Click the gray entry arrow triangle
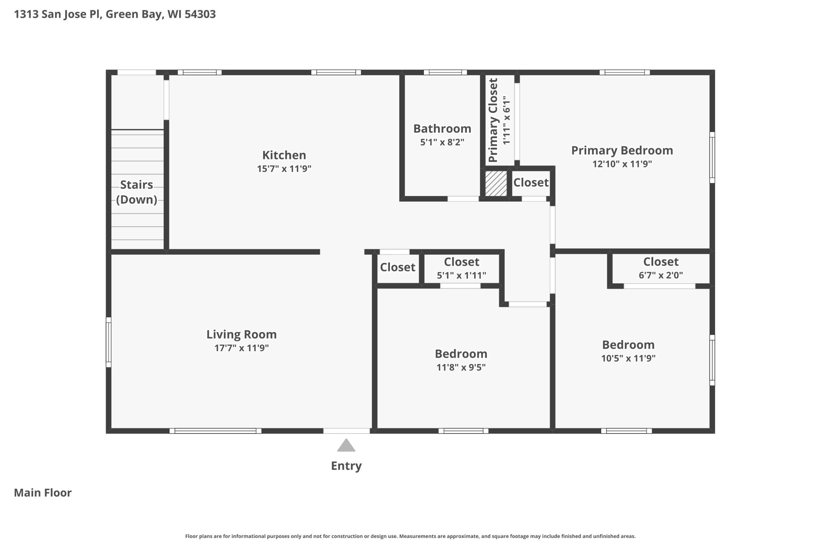(x=346, y=445)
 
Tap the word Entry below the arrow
(x=346, y=466)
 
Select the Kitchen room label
(x=284, y=155)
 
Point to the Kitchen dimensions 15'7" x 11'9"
(x=284, y=169)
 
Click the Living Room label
(x=241, y=334)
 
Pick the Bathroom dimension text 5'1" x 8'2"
(x=442, y=142)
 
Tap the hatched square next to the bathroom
(x=496, y=184)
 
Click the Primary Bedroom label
(x=622, y=150)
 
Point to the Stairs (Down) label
(x=137, y=192)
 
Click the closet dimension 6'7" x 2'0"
(x=661, y=275)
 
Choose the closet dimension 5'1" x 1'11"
(x=461, y=276)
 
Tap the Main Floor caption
(x=43, y=493)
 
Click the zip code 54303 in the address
(x=200, y=14)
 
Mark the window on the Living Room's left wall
(x=109, y=342)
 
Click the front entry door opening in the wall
(x=347, y=431)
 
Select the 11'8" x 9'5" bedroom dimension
(x=461, y=367)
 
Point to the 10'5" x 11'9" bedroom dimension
(x=628, y=358)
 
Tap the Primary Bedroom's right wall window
(x=712, y=157)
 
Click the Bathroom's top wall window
(x=445, y=72)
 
